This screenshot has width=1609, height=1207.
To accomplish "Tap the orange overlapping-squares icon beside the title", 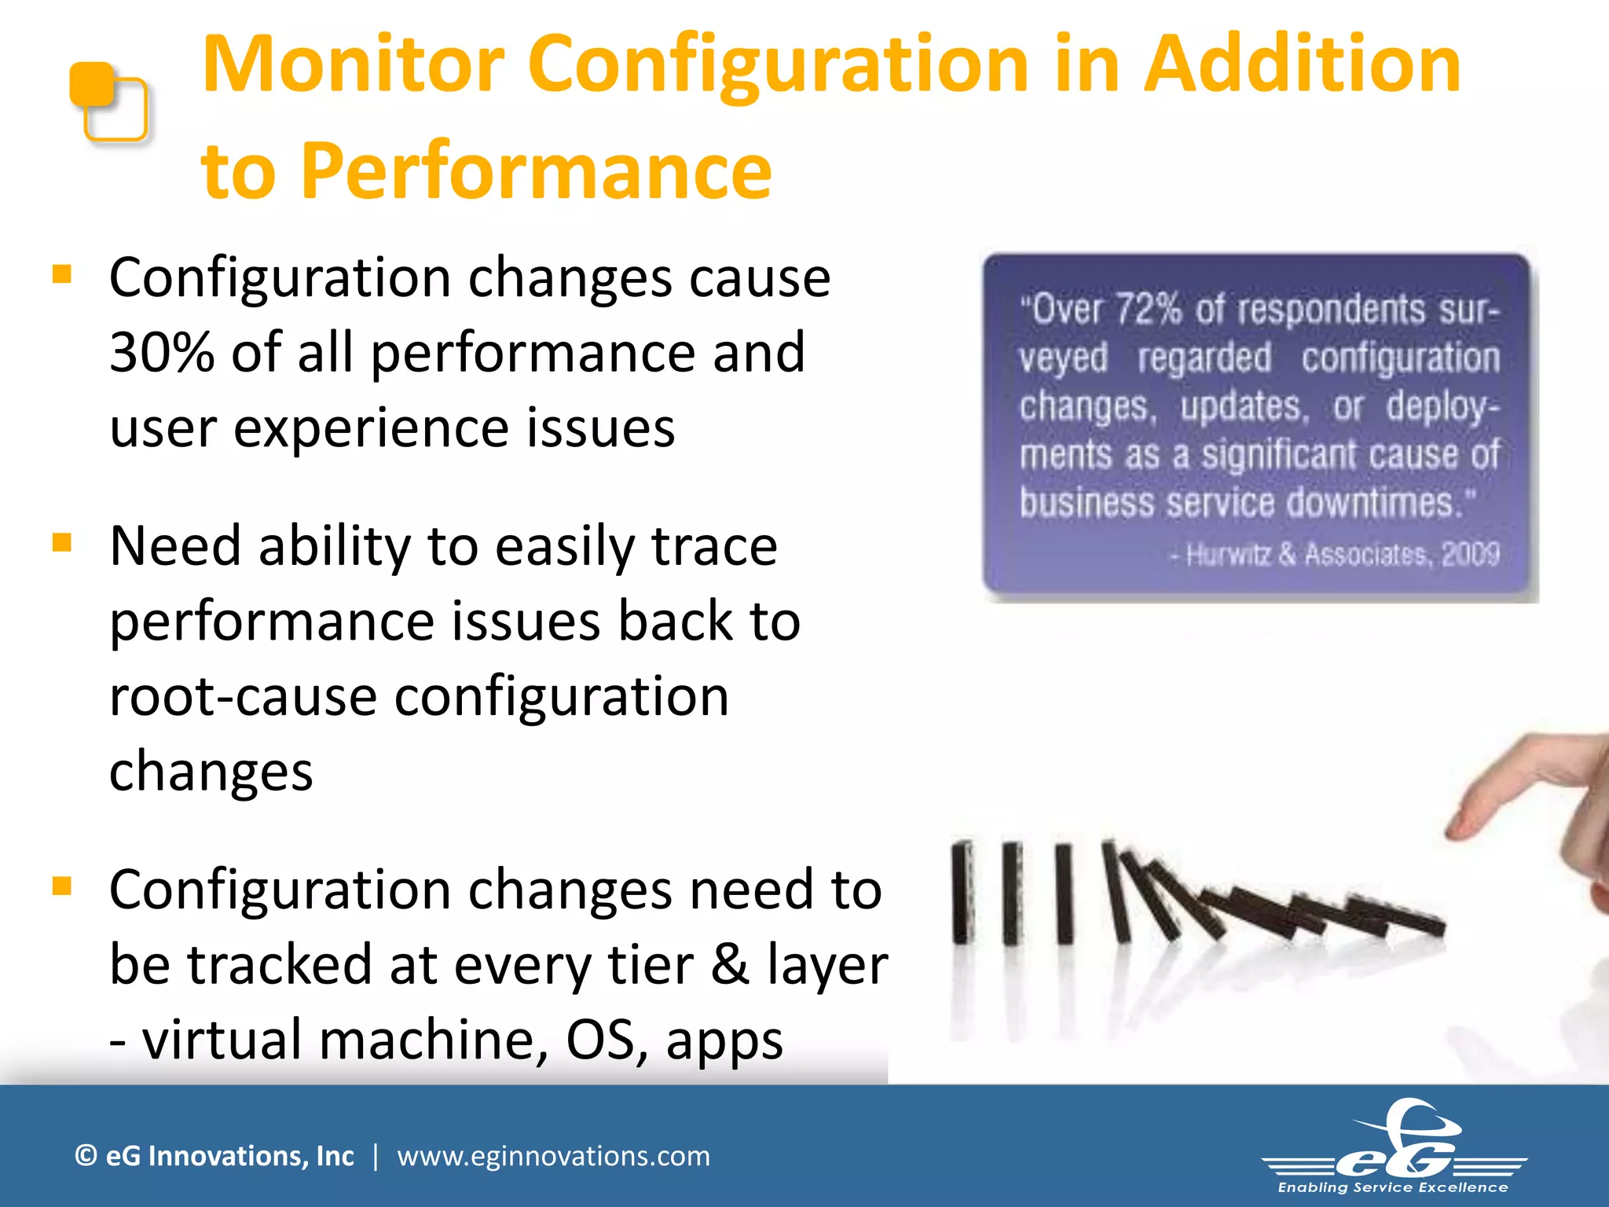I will point(108,101).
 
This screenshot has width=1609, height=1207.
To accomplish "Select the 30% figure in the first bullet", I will point(162,353).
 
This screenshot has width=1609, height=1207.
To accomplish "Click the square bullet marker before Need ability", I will point(61,542).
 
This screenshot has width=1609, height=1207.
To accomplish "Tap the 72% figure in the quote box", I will point(1149,310).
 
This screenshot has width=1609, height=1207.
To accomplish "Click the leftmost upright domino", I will point(962,893).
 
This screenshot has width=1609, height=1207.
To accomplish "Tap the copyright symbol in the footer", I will point(86,1156).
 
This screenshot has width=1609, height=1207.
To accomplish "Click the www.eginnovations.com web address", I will point(553,1156).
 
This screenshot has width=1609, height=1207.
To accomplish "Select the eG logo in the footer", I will point(1395,1144).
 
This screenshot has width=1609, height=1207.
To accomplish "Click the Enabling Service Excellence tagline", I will point(1393,1188).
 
